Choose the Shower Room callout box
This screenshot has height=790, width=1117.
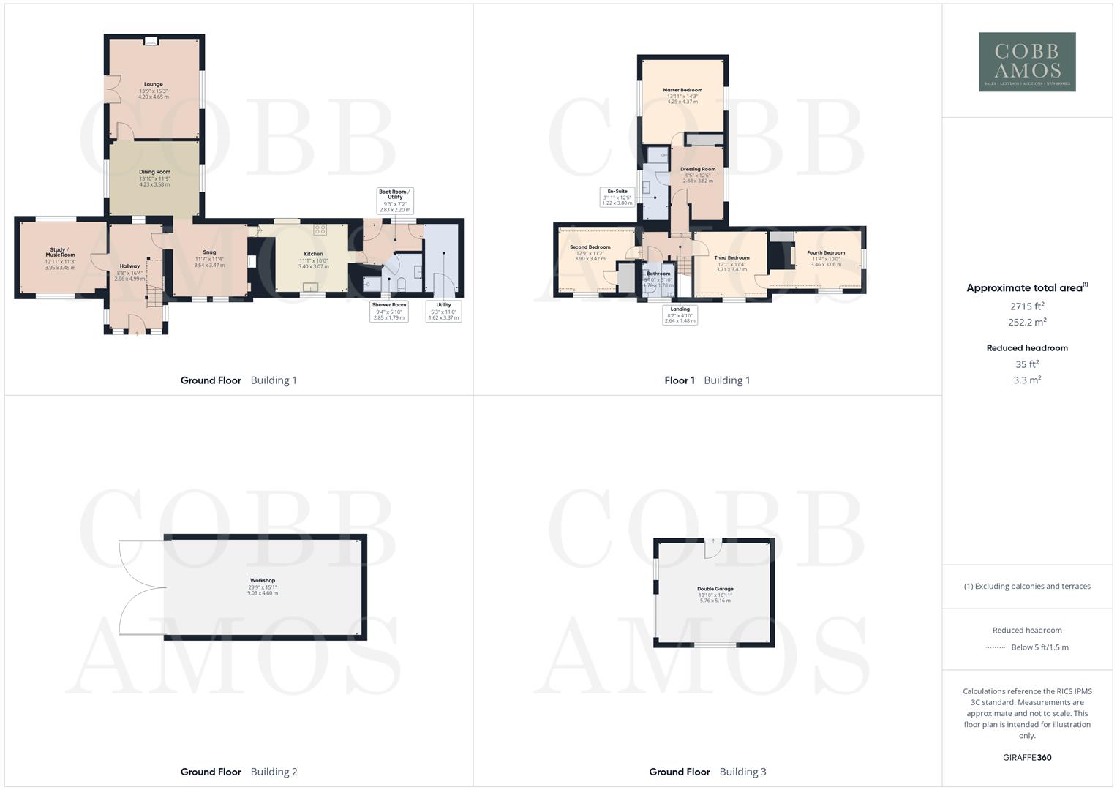click(x=388, y=311)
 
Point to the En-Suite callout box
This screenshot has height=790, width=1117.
click(x=617, y=197)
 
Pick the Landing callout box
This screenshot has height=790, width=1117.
click(x=680, y=315)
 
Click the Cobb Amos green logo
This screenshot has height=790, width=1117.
click(x=1027, y=62)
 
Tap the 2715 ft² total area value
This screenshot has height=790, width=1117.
click(x=1027, y=306)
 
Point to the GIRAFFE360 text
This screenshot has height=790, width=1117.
click(x=1027, y=757)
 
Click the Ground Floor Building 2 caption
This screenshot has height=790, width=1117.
click(x=238, y=772)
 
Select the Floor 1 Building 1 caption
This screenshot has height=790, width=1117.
click(x=707, y=380)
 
